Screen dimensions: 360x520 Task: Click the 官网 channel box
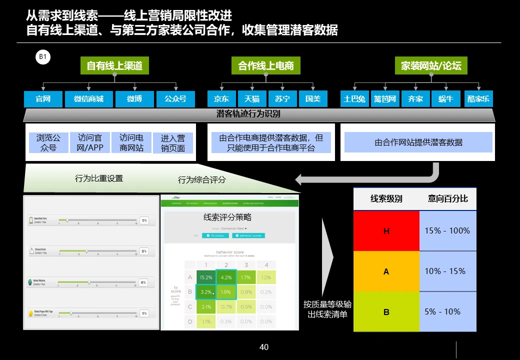(x=43, y=99)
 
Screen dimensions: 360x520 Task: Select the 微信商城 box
(x=88, y=99)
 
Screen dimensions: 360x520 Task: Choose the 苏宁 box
(x=282, y=99)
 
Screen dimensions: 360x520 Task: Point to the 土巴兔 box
(x=354, y=99)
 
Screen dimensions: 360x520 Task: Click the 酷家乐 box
(x=478, y=99)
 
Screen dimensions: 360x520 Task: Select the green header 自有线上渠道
(x=114, y=65)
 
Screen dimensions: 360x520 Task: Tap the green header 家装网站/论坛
(x=431, y=65)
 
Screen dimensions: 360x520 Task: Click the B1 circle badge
(x=43, y=57)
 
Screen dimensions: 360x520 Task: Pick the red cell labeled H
(x=386, y=231)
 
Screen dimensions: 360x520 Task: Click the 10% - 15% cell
(x=447, y=271)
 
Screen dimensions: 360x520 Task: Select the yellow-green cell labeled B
(x=386, y=312)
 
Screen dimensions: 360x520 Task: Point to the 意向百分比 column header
(x=447, y=199)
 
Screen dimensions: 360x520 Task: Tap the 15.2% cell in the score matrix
(x=205, y=277)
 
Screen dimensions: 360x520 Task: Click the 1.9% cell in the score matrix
(x=226, y=292)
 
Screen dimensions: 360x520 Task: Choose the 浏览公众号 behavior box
(x=48, y=142)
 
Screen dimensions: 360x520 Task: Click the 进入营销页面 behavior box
(x=173, y=143)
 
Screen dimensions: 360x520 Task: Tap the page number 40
(x=264, y=347)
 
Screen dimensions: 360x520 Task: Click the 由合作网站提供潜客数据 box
(x=418, y=142)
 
